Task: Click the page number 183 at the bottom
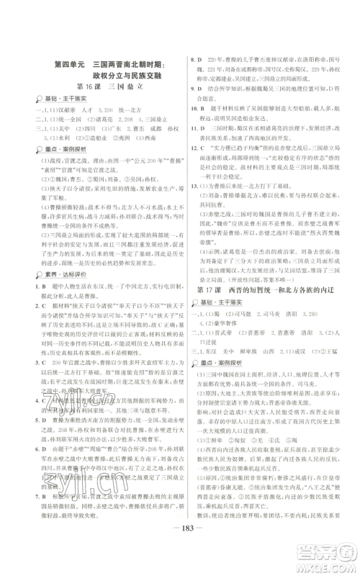(179, 552)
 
